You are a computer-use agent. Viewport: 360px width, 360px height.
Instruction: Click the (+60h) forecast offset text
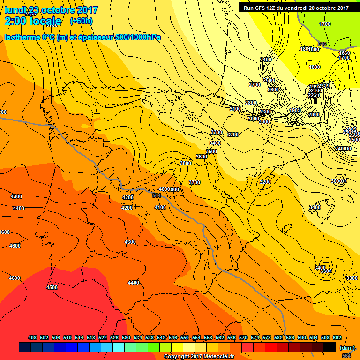(81, 21)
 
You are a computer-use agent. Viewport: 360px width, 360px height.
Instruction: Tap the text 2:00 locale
(33, 21)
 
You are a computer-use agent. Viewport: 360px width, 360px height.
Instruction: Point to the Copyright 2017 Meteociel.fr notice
(199, 356)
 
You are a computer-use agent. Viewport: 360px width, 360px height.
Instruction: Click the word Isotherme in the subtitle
(21, 37)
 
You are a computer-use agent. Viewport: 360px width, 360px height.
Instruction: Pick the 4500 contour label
(52, 287)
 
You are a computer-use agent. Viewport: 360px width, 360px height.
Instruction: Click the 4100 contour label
(160, 207)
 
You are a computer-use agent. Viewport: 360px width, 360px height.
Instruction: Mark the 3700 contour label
(194, 182)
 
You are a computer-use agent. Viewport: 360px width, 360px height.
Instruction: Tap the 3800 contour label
(186, 163)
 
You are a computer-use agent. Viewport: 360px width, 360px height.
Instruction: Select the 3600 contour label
(201, 157)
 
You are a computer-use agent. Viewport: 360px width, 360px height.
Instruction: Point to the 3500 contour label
(211, 151)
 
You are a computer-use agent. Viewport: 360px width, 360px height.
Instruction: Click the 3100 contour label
(235, 109)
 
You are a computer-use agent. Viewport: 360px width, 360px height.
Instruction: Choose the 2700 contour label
(255, 85)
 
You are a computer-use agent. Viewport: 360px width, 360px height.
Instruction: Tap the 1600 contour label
(345, 53)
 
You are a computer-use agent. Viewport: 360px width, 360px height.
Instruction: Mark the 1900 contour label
(295, 110)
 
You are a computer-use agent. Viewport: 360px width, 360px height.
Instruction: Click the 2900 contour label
(264, 122)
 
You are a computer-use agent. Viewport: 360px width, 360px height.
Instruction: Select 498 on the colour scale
(32, 337)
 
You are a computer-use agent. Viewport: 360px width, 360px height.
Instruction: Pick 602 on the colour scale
(337, 337)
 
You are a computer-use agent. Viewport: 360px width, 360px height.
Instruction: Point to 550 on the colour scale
(184, 337)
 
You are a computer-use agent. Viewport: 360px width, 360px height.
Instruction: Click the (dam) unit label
(346, 348)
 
